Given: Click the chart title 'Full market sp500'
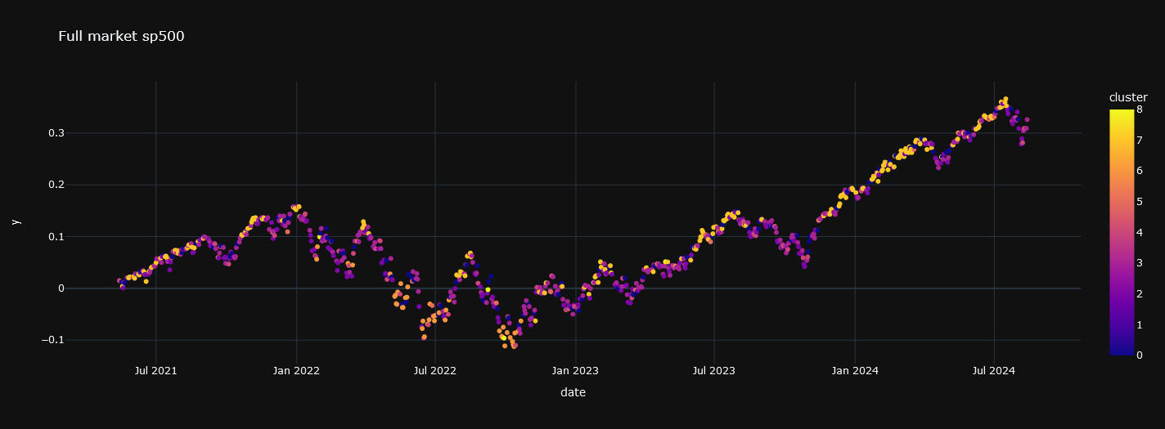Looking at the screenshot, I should (x=121, y=36).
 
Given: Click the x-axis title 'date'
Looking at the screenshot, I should (x=573, y=393).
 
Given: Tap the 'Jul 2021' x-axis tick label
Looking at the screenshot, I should (x=155, y=370).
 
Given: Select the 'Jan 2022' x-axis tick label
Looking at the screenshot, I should (x=296, y=370).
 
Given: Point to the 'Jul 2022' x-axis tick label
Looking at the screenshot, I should (x=435, y=370).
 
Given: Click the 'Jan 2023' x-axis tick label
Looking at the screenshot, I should (x=575, y=370).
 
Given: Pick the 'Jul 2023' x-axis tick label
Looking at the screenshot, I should (x=714, y=370).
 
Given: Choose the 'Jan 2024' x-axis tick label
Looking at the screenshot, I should (x=855, y=370).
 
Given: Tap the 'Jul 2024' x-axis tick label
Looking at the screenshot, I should (x=994, y=370).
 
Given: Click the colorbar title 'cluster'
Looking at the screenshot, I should (x=1128, y=97).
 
